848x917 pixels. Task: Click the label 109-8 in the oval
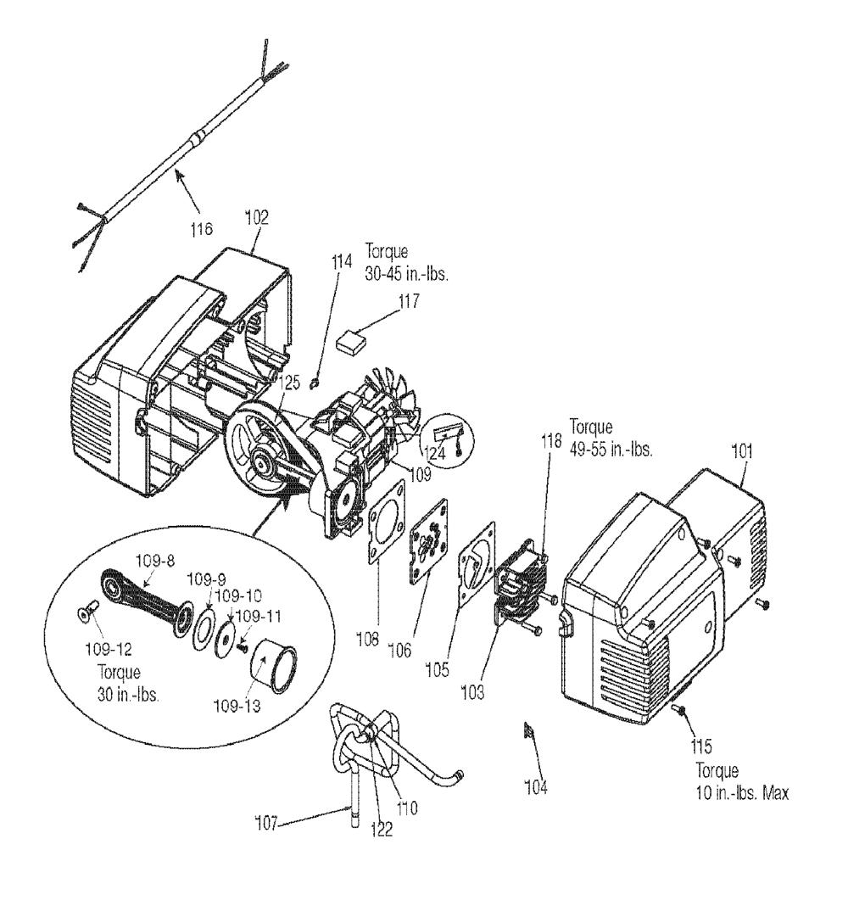click(151, 561)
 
